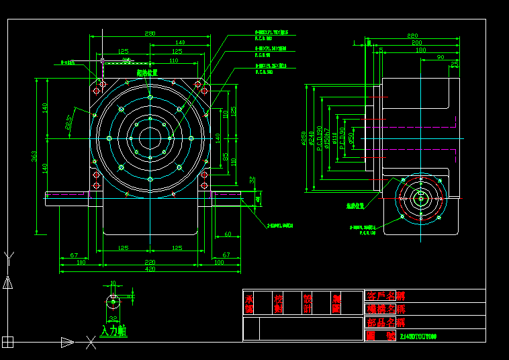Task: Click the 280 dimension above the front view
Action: tap(150, 33)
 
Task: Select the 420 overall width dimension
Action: tap(150, 269)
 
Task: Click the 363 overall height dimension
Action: tap(34, 156)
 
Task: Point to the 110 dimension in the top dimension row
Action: tap(173, 60)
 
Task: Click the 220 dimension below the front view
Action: tap(150, 262)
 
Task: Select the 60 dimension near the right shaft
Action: tap(228, 234)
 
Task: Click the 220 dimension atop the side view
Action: tap(412, 35)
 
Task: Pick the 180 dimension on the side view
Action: tap(420, 50)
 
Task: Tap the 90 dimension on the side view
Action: tap(441, 58)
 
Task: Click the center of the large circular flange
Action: tap(149, 139)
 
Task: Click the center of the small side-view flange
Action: tap(421, 198)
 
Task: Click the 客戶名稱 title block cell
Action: tap(385, 296)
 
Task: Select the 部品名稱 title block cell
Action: tap(385, 322)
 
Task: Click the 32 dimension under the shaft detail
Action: tap(113, 319)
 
